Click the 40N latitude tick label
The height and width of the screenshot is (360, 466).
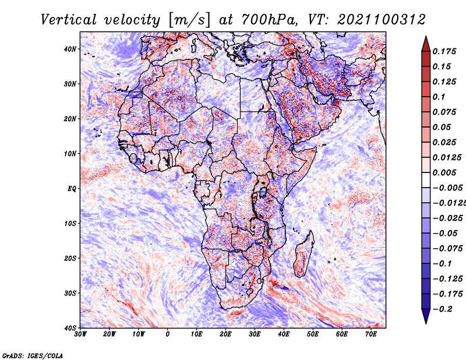click(x=69, y=49)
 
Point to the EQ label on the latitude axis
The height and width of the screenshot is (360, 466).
click(x=72, y=189)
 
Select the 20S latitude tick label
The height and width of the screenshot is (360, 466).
click(x=70, y=258)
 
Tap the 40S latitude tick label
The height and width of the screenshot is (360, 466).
click(x=70, y=328)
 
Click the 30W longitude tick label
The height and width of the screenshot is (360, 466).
click(x=80, y=334)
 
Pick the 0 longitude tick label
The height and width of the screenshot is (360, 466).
click(x=168, y=334)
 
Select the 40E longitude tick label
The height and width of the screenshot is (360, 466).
click(x=284, y=334)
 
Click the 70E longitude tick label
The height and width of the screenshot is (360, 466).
click(x=371, y=334)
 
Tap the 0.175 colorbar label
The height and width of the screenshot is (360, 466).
click(x=444, y=51)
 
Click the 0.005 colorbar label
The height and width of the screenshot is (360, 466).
click(x=444, y=172)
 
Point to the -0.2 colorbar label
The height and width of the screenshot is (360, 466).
click(x=443, y=309)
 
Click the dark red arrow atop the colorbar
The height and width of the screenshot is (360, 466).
click(x=426, y=44)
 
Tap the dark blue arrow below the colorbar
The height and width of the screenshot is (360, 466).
click(x=426, y=316)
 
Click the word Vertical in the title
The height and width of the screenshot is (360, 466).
click(x=69, y=20)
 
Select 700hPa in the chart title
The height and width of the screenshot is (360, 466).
click(x=269, y=20)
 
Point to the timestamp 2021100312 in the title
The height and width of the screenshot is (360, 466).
click(x=382, y=20)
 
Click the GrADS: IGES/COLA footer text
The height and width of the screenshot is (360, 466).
click(x=33, y=355)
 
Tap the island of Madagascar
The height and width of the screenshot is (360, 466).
click(x=304, y=253)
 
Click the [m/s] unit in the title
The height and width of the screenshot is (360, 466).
click(x=189, y=20)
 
